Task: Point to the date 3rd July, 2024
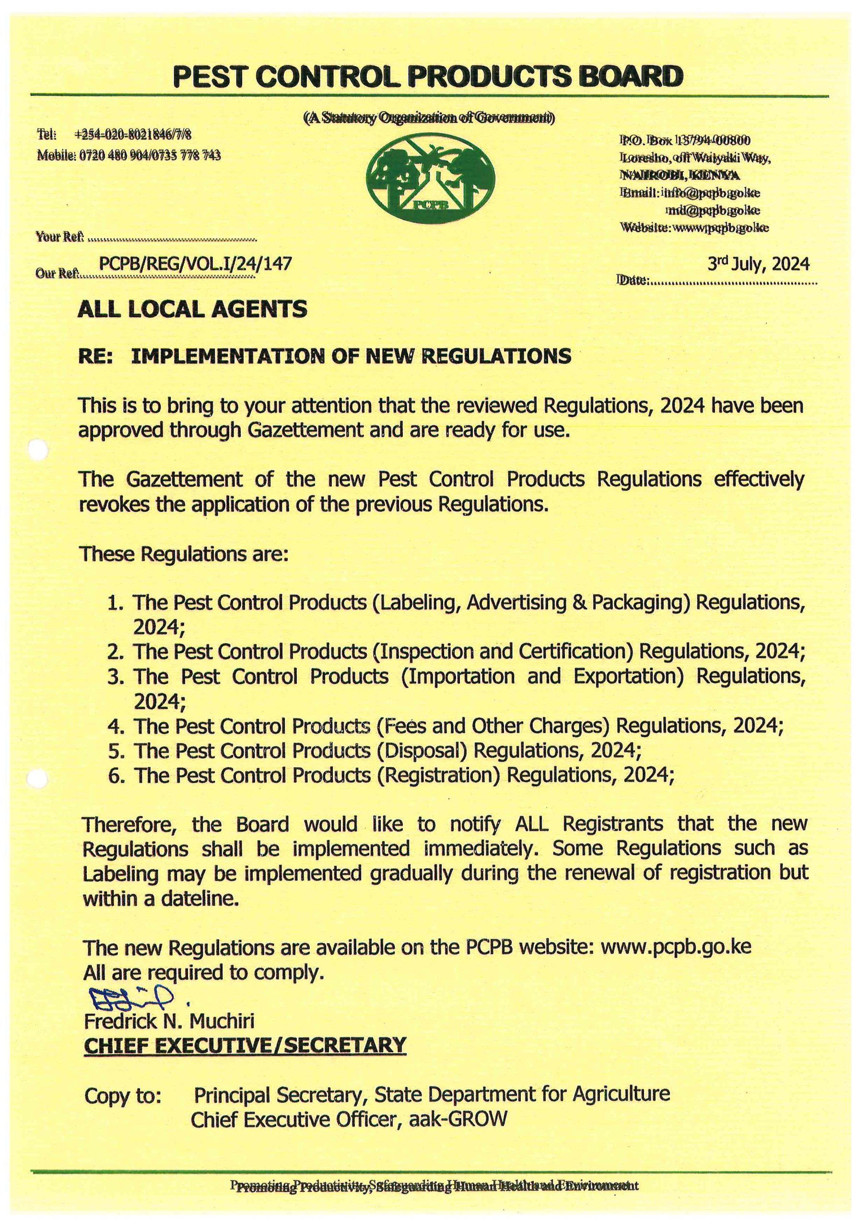point(758,264)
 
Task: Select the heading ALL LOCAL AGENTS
point(192,310)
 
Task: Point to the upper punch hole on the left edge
point(38,451)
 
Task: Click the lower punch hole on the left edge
point(38,781)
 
